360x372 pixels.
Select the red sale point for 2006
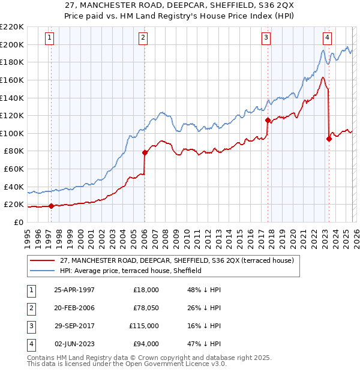click(145, 152)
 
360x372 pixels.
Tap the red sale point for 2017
click(268, 119)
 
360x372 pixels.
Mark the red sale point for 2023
click(328, 139)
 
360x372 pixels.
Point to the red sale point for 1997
click(51, 206)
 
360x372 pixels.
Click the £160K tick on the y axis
click(13, 80)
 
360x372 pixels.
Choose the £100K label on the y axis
click(13, 133)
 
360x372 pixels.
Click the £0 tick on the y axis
click(19, 223)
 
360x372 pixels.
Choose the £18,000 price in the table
click(146, 290)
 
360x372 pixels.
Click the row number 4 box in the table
click(30, 344)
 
